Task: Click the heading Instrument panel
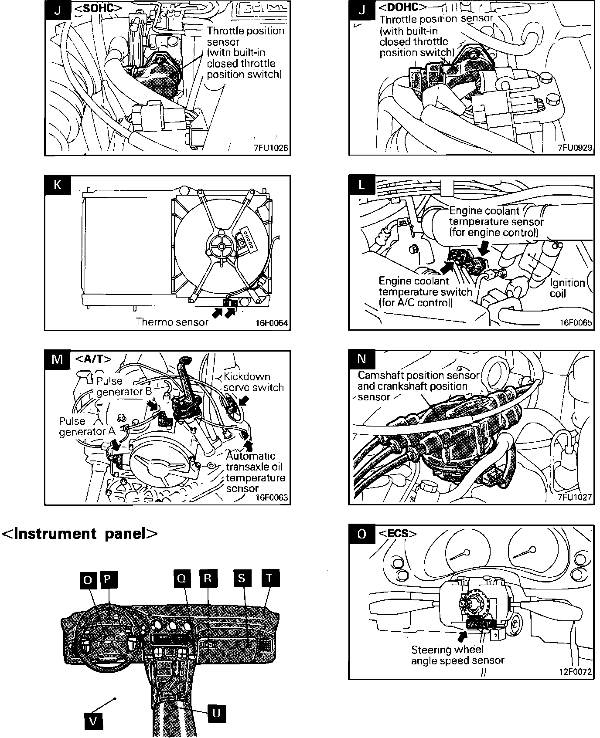click(x=79, y=533)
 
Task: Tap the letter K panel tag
click(x=57, y=185)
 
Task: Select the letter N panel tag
click(x=361, y=359)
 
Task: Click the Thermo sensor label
click(x=172, y=322)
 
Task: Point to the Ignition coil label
click(x=567, y=288)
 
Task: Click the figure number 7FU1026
click(x=271, y=148)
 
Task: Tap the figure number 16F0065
click(x=576, y=323)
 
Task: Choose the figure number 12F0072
click(x=576, y=671)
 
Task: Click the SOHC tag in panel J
click(x=99, y=8)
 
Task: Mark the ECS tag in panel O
click(x=397, y=533)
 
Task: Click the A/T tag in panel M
click(x=93, y=359)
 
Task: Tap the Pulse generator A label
click(x=87, y=427)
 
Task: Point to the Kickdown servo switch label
click(x=253, y=382)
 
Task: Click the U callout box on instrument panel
click(x=216, y=713)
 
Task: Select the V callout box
click(x=93, y=721)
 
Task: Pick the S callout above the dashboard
click(x=242, y=578)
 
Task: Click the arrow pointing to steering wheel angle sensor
click(x=462, y=636)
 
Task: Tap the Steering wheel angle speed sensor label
click(x=457, y=655)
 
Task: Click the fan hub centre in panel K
click(x=222, y=247)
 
